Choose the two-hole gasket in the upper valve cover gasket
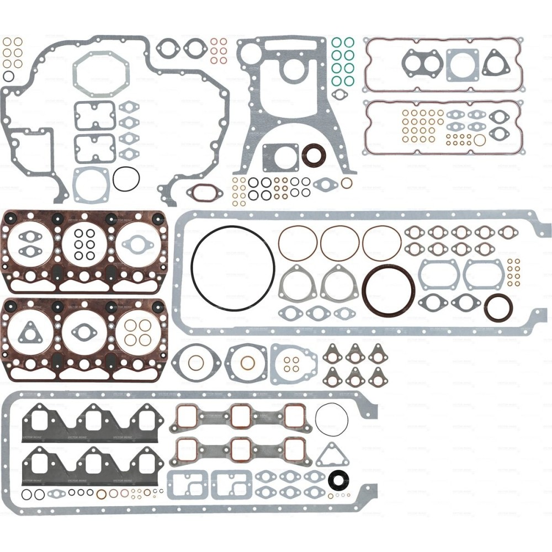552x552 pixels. point(422,62)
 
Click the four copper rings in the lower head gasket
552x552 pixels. point(137,332)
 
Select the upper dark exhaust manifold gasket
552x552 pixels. point(91,423)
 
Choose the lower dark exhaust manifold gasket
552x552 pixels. point(91,467)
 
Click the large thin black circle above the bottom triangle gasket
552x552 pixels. point(332,419)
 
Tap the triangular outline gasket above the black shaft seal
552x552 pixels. point(332,455)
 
